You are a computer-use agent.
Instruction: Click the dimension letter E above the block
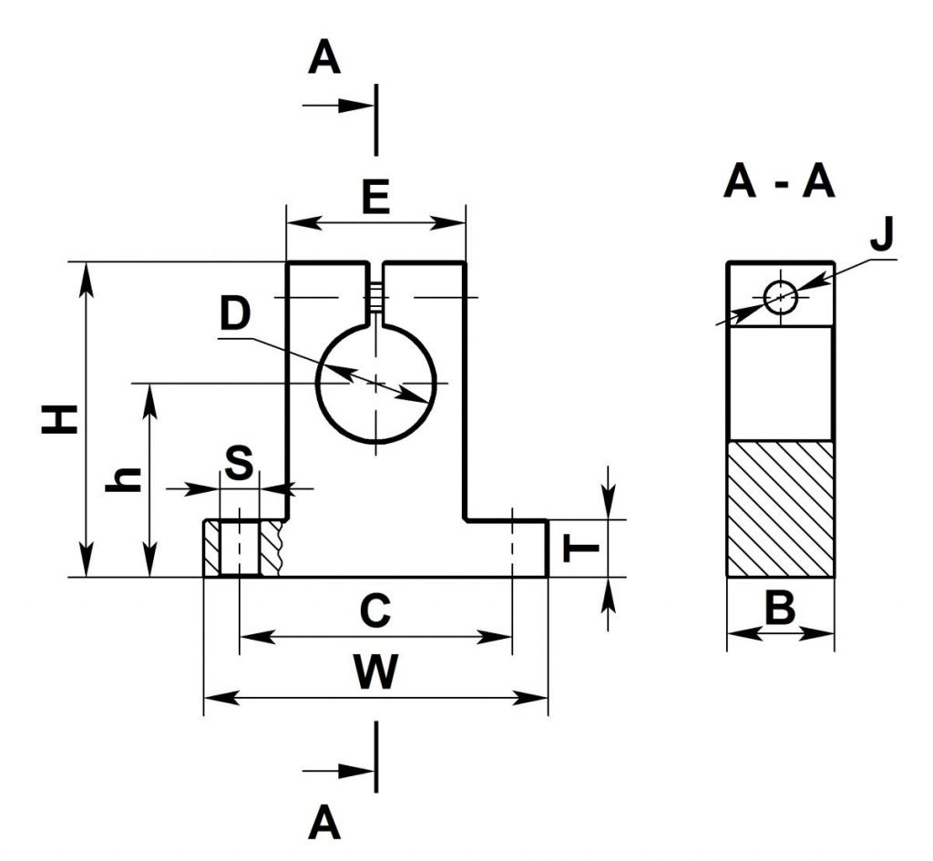pos(375,196)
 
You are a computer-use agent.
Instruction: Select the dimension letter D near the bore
pos(235,314)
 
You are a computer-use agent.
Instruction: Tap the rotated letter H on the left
pos(58,420)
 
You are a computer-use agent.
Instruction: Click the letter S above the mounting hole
pos(239,465)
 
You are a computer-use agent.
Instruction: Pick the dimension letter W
pos(375,674)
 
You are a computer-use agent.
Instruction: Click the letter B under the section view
pos(780,609)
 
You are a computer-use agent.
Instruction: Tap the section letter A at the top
pos(323,60)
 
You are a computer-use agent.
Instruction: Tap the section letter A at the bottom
pos(323,824)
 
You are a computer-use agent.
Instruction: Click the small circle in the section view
pos(781,296)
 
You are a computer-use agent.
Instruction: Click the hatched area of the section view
pos(780,508)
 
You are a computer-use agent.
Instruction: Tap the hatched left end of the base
pos(211,548)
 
